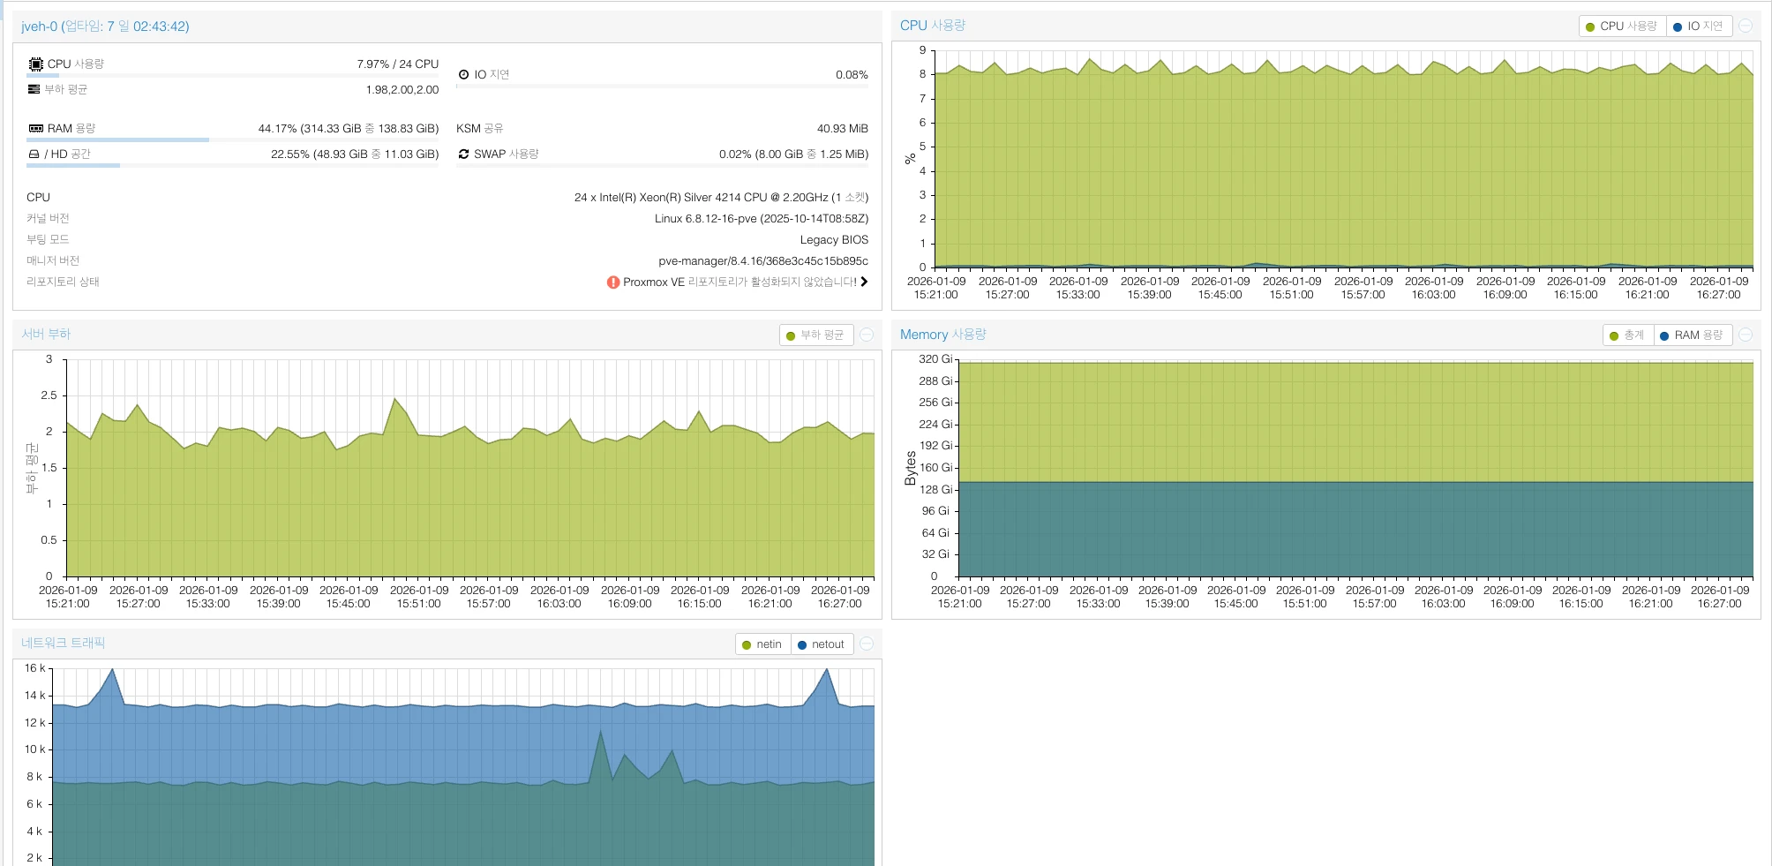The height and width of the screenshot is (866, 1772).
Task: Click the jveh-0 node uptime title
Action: click(x=105, y=26)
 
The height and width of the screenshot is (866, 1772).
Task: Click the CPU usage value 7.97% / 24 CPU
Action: click(x=397, y=64)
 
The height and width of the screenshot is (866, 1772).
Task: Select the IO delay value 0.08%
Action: click(x=852, y=75)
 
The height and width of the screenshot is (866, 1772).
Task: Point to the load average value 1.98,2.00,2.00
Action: click(x=402, y=90)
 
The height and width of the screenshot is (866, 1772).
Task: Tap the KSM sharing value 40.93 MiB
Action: click(x=842, y=129)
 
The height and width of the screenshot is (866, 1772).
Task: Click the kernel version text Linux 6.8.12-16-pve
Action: click(x=761, y=219)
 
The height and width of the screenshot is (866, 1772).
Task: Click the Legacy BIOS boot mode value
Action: click(x=834, y=240)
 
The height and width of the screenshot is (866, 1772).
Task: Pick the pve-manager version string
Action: click(x=762, y=261)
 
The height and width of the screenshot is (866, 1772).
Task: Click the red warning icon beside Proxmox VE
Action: click(x=613, y=282)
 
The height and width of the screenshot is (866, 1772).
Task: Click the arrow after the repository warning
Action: click(x=864, y=282)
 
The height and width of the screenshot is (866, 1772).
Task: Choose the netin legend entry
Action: click(x=762, y=644)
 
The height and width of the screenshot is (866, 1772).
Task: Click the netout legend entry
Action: click(x=821, y=644)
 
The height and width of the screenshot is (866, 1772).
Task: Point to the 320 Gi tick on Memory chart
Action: click(x=935, y=359)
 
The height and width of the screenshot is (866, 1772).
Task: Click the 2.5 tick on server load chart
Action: click(x=49, y=395)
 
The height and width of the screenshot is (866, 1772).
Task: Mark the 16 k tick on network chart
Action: click(x=34, y=668)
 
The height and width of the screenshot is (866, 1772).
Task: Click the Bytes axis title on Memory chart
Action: click(x=911, y=468)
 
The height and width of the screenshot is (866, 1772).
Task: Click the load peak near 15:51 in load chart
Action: click(x=394, y=399)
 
